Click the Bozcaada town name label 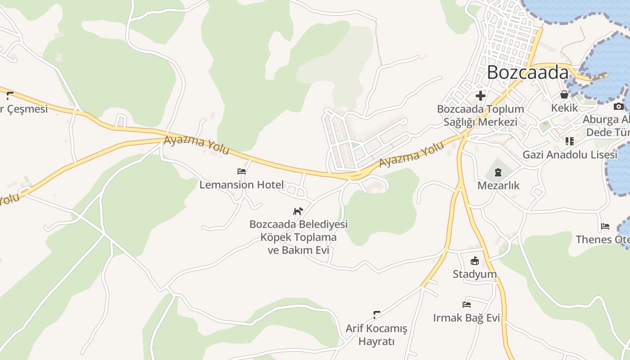point(527,72)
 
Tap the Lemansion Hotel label point(242,184)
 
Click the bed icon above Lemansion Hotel point(242,171)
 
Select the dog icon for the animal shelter point(298,211)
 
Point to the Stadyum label point(475,274)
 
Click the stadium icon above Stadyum point(475,261)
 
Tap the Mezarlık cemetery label point(498,185)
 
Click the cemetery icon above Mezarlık point(498,172)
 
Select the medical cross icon point(481,96)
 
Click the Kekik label point(564,108)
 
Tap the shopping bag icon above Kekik point(564,94)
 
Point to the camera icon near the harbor point(619,106)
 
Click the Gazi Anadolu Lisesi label point(570,155)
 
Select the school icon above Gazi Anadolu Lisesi point(570,141)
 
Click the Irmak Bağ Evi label point(467,318)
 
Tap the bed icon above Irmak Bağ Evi point(467,305)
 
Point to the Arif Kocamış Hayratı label point(376,335)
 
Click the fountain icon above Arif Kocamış point(377,315)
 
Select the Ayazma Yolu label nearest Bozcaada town point(411,154)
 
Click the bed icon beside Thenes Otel point(605,226)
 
